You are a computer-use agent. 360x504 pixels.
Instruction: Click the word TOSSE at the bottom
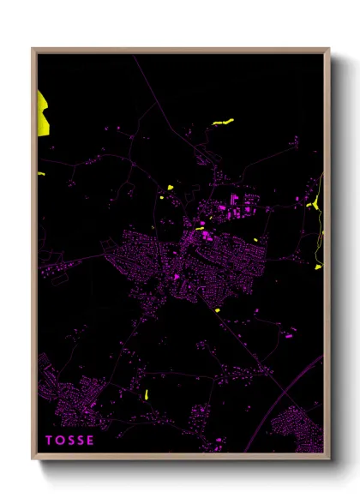point(70,441)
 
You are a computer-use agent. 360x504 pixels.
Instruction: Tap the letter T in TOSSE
point(50,441)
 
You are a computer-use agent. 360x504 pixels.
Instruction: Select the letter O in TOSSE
point(60,441)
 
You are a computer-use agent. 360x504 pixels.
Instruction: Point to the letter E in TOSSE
point(91,441)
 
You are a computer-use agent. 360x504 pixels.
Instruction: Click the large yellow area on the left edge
point(42,111)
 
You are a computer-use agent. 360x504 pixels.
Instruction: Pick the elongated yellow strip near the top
point(222,123)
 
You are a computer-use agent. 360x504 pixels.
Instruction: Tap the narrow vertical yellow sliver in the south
point(147,395)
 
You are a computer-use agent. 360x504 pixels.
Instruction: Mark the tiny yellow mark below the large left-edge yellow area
point(41,175)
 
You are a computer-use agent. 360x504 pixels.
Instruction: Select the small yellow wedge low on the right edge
point(318,267)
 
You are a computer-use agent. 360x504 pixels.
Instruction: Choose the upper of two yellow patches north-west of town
point(171,187)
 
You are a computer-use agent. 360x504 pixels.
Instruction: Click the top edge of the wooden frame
point(180,50)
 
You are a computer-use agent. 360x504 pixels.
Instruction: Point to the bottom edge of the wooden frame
point(180,456)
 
